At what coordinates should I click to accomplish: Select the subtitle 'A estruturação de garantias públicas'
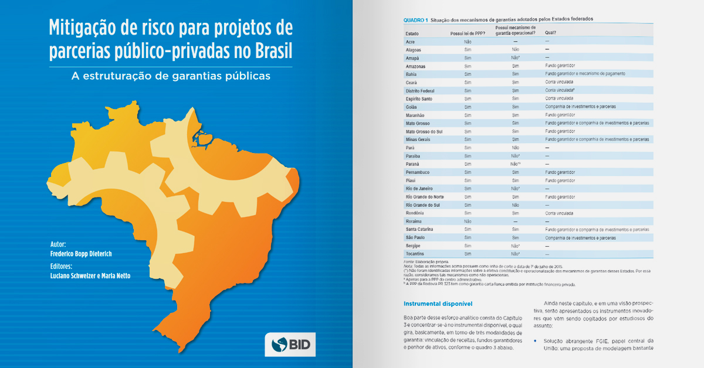click(171, 76)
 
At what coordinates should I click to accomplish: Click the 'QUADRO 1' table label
click(415, 19)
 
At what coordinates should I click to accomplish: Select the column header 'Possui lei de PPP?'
click(468, 33)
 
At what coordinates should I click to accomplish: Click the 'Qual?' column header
click(550, 33)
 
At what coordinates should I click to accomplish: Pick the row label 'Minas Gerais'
click(419, 139)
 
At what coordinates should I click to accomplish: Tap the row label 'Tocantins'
click(416, 254)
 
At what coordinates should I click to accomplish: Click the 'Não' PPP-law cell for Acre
click(468, 42)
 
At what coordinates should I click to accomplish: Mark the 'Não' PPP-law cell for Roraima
click(468, 222)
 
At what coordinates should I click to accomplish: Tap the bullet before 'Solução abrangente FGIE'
click(536, 340)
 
